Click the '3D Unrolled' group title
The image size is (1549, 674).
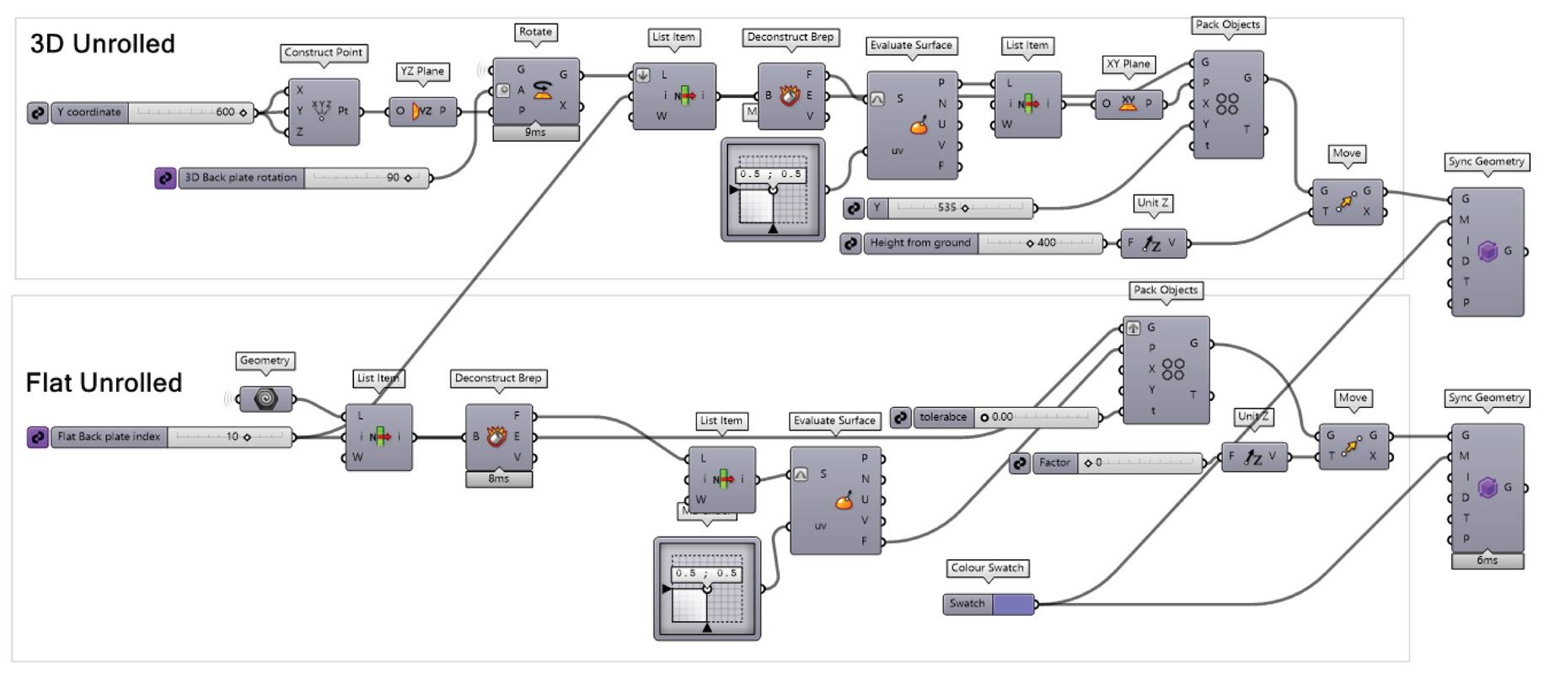tap(102, 44)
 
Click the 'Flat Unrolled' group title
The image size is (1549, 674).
tap(104, 382)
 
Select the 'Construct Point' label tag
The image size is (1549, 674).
tap(323, 52)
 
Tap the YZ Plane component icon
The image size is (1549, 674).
tap(422, 111)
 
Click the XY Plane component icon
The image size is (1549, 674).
tap(1128, 104)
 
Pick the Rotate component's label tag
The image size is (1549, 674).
tap(535, 32)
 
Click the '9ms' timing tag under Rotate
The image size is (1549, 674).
tap(535, 132)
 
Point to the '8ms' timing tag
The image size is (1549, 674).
tap(498, 479)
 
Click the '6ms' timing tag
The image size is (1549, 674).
tap(1487, 560)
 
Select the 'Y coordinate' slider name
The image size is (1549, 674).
tap(89, 112)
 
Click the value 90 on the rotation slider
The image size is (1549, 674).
tap(393, 178)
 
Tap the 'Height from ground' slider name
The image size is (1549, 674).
tap(920, 243)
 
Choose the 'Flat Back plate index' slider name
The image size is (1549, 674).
tap(109, 436)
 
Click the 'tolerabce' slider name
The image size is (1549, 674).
tap(943, 417)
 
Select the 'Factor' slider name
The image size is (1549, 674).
tap(1054, 463)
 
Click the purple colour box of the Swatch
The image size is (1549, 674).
tap(1013, 603)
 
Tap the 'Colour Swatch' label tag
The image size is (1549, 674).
tap(987, 568)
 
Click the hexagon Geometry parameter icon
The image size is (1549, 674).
tap(265, 399)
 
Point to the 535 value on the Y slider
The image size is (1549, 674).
tap(946, 207)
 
